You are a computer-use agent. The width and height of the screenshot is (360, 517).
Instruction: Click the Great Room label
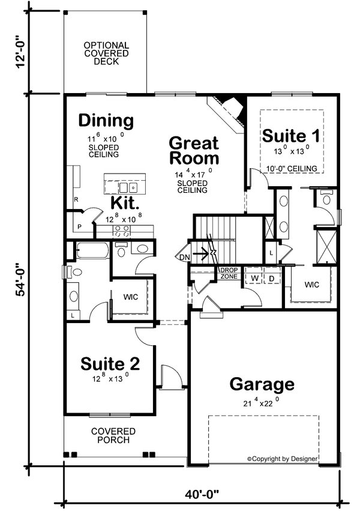pos(193,151)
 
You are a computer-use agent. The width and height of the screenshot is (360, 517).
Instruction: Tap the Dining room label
pos(106,121)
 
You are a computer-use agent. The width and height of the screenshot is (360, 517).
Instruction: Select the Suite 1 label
pos(291,136)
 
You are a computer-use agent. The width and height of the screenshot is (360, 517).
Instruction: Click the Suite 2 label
pos(111,364)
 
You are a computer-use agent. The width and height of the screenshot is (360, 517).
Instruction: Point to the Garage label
pos(262,384)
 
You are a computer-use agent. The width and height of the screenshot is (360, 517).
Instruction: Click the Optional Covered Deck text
pos(106,53)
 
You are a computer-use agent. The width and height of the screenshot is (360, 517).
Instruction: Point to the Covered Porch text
pos(113,436)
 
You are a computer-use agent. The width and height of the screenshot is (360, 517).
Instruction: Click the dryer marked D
pos(271,278)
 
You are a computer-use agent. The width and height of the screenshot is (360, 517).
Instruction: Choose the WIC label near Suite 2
pos(131,297)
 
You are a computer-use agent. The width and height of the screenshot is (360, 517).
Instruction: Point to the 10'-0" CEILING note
pos(292,169)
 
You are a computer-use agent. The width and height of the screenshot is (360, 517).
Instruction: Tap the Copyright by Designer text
pos(283,459)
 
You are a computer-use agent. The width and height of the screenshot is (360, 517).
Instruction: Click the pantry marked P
pos(79,227)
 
